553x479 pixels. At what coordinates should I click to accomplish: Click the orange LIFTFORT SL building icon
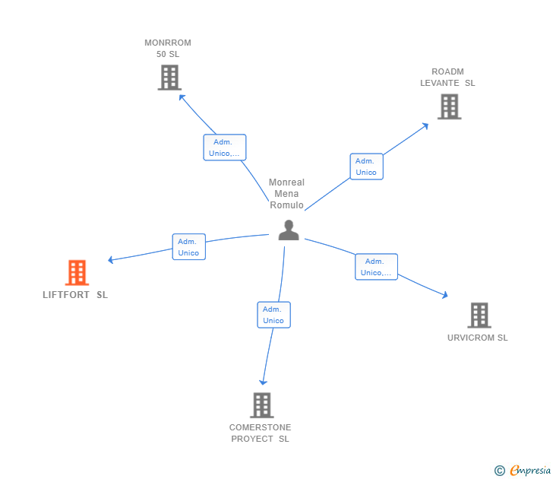coord(77,272)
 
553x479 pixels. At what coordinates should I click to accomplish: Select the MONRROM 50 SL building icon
coord(169,78)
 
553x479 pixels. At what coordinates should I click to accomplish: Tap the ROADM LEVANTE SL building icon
coord(449,106)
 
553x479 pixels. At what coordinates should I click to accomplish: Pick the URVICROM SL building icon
coord(479,315)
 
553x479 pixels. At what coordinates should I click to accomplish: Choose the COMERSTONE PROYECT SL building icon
coord(261,405)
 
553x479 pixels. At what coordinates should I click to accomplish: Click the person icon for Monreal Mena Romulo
coord(289,230)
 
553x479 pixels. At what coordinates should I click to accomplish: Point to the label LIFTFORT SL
coord(75,295)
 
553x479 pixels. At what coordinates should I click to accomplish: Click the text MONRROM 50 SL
coord(168,49)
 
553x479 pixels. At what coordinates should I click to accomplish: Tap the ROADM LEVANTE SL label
coord(447,78)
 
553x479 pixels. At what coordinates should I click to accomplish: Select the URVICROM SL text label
coord(477,338)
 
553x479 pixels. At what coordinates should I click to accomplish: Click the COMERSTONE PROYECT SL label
coord(261,433)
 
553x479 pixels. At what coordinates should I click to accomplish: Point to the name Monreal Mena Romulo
coord(286,194)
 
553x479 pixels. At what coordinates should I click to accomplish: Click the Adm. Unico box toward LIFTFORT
coord(188,247)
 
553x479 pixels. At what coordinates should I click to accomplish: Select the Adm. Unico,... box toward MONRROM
coord(224,148)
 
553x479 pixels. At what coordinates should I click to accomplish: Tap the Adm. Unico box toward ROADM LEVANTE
coord(366,167)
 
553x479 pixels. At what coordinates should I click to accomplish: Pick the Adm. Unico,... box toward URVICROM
coord(376,267)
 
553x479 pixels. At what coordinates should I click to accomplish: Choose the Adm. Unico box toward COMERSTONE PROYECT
coord(273,315)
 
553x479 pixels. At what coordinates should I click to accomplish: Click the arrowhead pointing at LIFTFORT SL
coord(111,260)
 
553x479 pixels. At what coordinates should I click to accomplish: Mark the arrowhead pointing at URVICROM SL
coord(445,295)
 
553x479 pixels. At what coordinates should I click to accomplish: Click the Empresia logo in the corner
coord(523,471)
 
